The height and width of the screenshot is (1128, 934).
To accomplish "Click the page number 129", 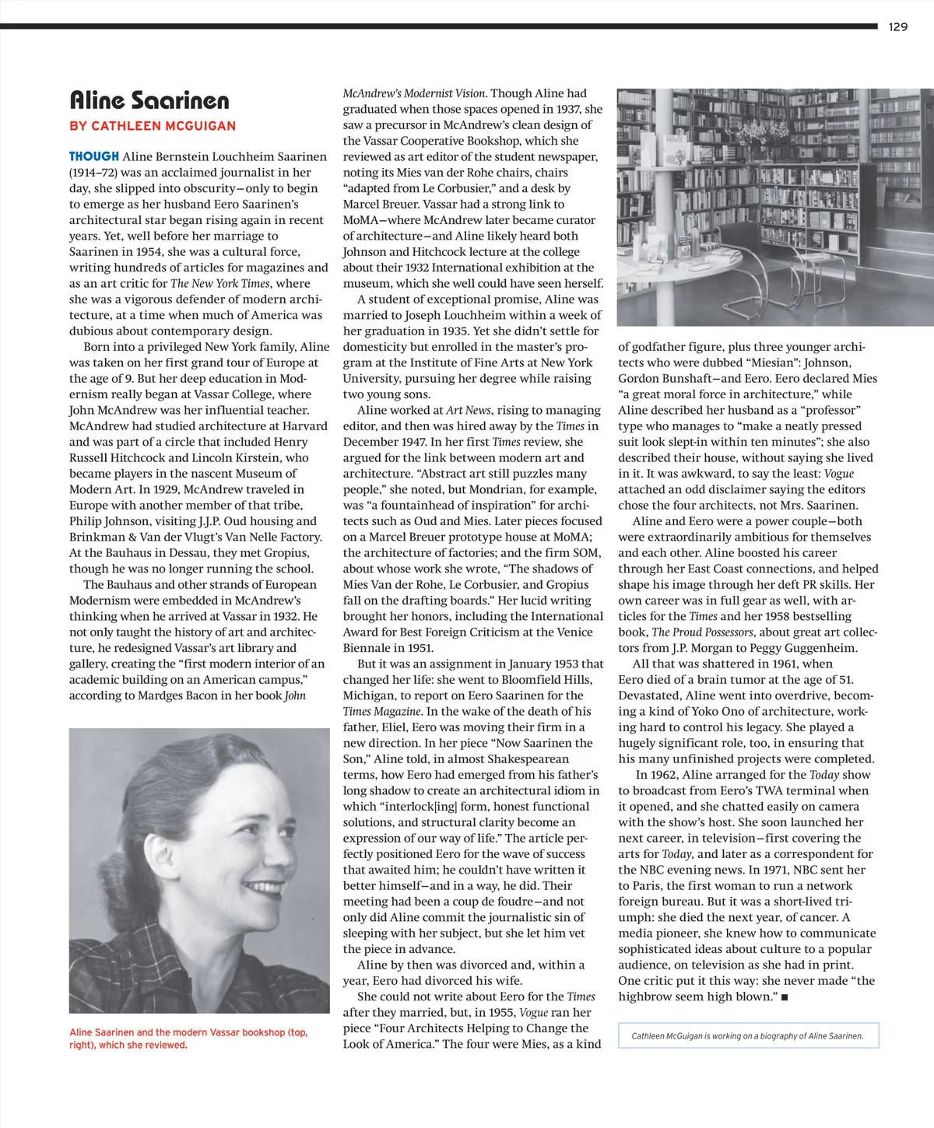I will [x=897, y=26].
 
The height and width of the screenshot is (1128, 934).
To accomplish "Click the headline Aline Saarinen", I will [x=149, y=100].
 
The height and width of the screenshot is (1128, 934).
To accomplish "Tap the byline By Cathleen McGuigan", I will [x=153, y=126].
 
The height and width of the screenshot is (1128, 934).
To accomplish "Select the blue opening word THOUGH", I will [x=94, y=156].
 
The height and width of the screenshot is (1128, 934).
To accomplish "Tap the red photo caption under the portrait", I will [x=188, y=1039].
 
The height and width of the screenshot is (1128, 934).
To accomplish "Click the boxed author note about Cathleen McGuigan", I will [x=748, y=1035].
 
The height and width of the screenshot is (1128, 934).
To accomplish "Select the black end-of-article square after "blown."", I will [x=784, y=997].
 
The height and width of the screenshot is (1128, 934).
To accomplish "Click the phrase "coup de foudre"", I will [x=498, y=902].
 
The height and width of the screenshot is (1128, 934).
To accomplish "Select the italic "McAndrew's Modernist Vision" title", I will [x=414, y=93].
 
